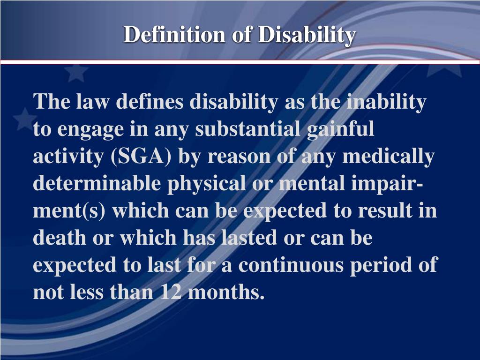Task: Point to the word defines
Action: coord(150,102)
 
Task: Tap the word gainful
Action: coord(341,130)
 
